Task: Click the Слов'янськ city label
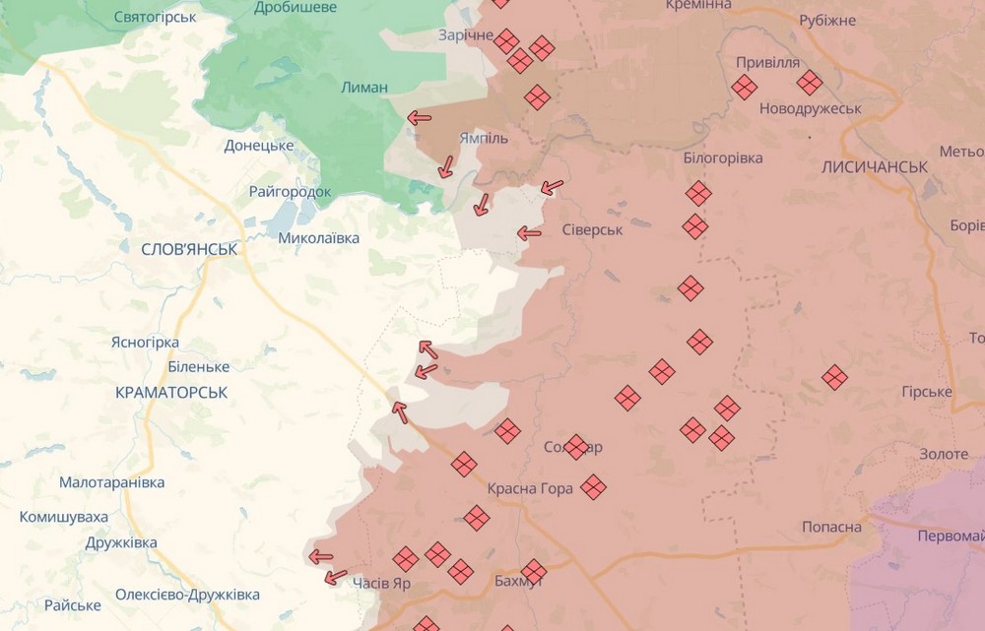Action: pos(189,249)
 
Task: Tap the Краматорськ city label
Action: pos(171,392)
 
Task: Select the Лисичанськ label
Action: pos(874,167)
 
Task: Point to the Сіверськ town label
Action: pos(592,229)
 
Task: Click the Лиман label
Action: pos(363,88)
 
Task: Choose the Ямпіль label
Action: pos(483,138)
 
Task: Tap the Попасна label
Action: pos(831,527)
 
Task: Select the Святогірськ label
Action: pos(155,17)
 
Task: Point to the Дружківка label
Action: pos(121,542)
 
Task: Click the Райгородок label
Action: pos(290,192)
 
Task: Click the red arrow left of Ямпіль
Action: pos(420,118)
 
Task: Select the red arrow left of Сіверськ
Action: pos(530,233)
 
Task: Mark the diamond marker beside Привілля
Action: pos(745,88)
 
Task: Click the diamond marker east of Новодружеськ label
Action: pos(810,83)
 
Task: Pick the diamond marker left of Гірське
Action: pos(835,377)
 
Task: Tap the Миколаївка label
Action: pos(319,237)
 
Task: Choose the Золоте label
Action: pos(944,454)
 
